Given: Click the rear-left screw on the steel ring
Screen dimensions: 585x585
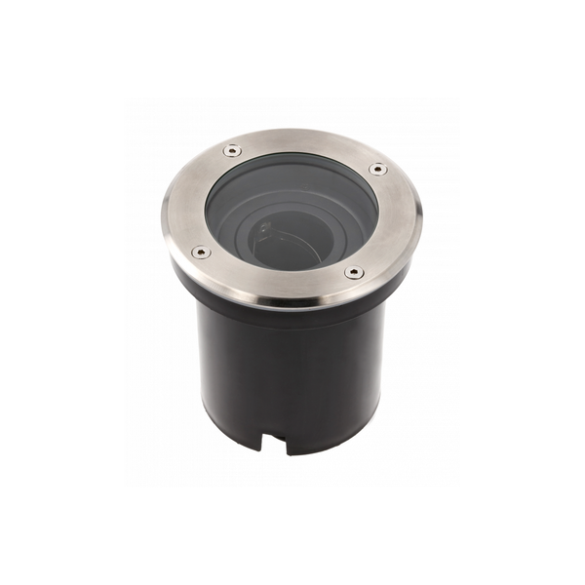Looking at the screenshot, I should coord(231,149).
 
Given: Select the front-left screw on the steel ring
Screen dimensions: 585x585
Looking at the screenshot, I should coord(200,252).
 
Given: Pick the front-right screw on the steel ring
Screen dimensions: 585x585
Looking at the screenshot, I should coord(353,272).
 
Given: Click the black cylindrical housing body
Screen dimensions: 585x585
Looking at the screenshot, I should coord(292,370).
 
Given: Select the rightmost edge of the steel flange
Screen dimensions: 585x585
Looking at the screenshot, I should coord(421,216).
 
